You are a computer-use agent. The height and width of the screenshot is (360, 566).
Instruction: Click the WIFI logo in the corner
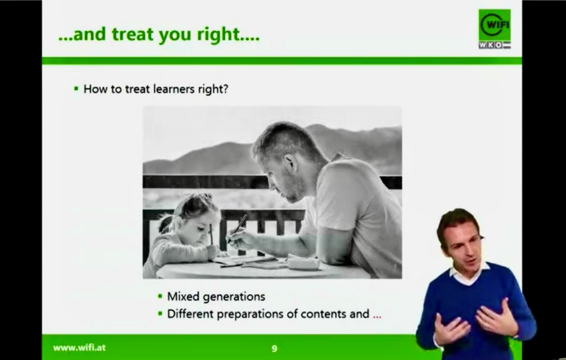pos(494,25)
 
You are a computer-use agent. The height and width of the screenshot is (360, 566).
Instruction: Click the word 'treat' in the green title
pos(132,34)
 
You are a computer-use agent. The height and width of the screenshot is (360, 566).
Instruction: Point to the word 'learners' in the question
pos(174,89)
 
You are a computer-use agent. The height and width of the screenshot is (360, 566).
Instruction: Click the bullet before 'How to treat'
pos(76,89)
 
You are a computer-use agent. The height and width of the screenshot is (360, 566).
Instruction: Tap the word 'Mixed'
pos(183,296)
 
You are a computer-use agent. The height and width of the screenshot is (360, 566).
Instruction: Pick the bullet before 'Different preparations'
pos(160,314)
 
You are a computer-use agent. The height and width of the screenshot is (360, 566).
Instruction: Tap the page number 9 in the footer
pos(274,348)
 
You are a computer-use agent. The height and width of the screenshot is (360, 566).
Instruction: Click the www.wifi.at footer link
pos(79,348)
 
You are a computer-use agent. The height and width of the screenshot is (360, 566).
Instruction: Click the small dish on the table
pos(304,263)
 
